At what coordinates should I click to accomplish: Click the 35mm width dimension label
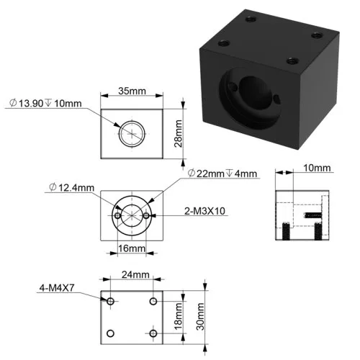coord(132,91)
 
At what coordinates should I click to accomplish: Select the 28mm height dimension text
coord(178,133)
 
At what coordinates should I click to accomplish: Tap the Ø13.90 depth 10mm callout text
coord(45,104)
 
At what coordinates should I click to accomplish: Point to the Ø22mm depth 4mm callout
coord(222,174)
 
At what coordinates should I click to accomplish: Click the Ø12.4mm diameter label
coord(71,187)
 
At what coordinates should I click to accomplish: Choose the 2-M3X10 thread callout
coord(204,211)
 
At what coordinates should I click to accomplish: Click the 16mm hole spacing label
coord(132,248)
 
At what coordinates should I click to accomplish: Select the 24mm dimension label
coord(135,274)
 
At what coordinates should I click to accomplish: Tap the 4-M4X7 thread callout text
coord(57,288)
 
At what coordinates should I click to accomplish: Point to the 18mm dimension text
coord(178,317)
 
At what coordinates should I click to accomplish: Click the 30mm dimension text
coord(200,317)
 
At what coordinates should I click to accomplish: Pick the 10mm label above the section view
coord(317,168)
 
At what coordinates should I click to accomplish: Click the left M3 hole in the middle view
coord(117,215)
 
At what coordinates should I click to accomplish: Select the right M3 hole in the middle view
coord(146,215)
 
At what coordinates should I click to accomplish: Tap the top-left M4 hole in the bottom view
coord(110,301)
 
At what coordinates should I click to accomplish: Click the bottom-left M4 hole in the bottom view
coord(110,333)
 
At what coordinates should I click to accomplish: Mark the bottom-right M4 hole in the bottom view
coord(153,333)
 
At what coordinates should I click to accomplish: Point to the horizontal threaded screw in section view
coord(313,215)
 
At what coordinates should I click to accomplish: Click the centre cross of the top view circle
coord(132,134)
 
